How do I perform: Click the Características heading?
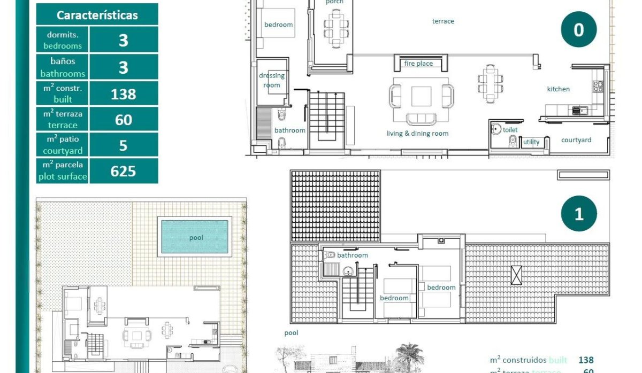(97, 15)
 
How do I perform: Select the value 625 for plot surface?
(123, 171)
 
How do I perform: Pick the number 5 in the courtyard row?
(123, 145)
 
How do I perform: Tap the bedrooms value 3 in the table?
(123, 40)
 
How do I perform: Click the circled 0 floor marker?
(578, 30)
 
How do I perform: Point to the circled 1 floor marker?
(578, 214)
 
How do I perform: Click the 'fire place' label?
(418, 64)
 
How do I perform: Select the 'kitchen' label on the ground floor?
(558, 89)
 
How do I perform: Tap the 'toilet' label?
(510, 130)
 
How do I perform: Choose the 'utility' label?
(531, 142)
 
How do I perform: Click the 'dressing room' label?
(272, 80)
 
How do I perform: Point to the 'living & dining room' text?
(417, 134)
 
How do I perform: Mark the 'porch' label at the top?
(335, 2)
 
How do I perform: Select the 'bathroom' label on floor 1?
(352, 255)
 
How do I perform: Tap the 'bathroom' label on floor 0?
(289, 130)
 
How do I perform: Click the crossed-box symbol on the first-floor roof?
(516, 275)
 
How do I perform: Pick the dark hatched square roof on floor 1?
(335, 206)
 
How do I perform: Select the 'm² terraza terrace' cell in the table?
(63, 119)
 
